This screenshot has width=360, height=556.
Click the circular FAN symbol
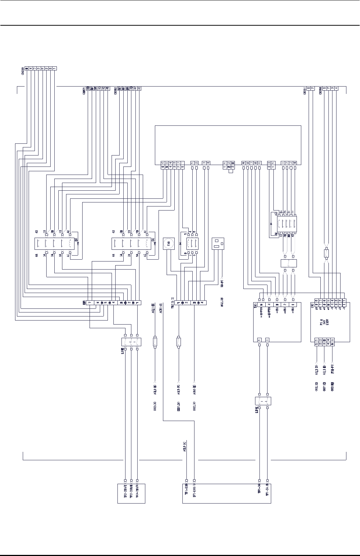169,244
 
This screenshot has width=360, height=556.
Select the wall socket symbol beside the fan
218,244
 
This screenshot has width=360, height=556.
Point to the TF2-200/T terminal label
126,493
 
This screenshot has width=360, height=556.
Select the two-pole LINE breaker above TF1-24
263,401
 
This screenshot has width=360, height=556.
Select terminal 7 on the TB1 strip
90,303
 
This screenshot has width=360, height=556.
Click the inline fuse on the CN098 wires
326,253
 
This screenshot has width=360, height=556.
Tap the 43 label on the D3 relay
37,231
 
